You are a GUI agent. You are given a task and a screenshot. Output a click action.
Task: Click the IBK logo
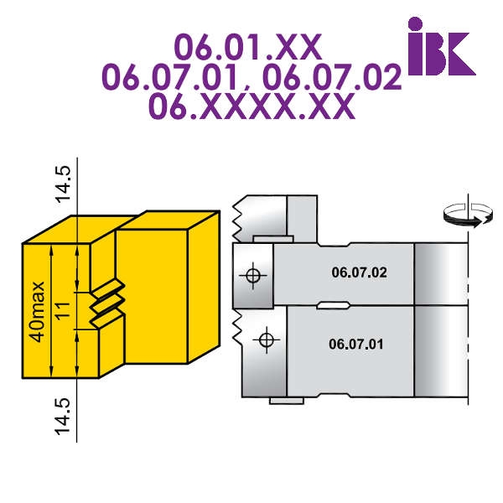[442, 46]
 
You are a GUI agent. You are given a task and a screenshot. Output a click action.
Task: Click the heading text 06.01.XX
[248, 47]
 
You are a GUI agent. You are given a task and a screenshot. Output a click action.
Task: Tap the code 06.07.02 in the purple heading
[332, 77]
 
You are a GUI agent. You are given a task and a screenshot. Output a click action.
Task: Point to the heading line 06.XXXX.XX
[251, 106]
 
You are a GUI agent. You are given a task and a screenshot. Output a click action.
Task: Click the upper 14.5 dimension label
[63, 184]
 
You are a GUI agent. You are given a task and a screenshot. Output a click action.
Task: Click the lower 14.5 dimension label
[63, 417]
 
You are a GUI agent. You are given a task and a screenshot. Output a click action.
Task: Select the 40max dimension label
[37, 312]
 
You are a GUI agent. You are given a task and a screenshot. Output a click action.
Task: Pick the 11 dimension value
[63, 309]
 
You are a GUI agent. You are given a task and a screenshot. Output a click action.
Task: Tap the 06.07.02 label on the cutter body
[360, 272]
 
